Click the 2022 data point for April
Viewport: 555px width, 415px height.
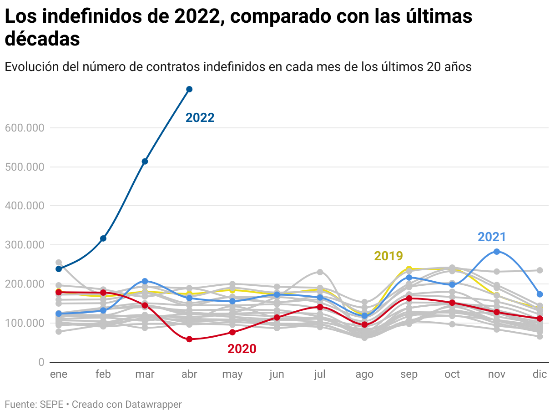tap(189, 89)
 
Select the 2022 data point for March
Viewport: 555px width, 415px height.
tap(145, 162)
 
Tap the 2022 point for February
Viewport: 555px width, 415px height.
tap(103, 238)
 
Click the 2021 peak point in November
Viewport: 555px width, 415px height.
tap(497, 252)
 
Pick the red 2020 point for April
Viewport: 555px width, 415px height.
tap(189, 339)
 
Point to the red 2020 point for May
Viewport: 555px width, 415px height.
tap(232, 332)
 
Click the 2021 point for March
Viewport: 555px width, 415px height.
tap(145, 281)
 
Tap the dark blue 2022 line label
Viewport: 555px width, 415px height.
tap(200, 118)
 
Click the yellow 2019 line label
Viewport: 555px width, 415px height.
tap(388, 256)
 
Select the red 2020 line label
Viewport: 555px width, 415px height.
tap(242, 349)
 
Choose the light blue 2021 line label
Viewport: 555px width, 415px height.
tap(492, 237)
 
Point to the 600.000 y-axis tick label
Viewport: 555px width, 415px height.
tap(25, 128)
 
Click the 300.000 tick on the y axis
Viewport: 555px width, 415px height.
tap(25, 245)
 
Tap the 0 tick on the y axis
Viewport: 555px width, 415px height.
tap(41, 362)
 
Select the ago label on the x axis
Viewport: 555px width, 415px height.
tap(364, 375)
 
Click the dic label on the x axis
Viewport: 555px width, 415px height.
tap(540, 375)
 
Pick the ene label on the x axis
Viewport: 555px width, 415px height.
tap(59, 375)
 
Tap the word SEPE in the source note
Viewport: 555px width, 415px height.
tap(51, 404)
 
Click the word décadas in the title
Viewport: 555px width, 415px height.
tap(42, 39)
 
